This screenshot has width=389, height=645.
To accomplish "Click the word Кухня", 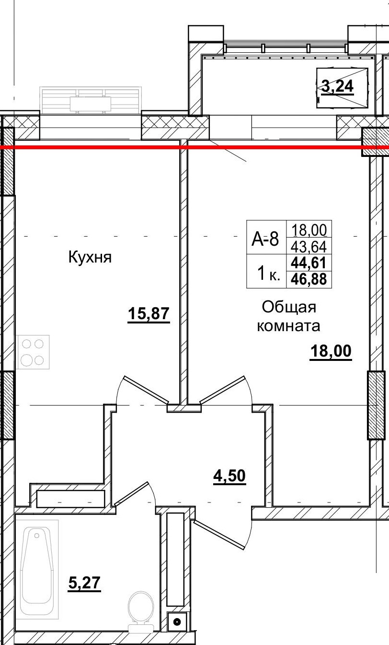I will click(x=90, y=257).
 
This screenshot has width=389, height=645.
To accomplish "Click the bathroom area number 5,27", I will click(x=85, y=583).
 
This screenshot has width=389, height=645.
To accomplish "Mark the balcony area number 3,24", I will click(x=337, y=86).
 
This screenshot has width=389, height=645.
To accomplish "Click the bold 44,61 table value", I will click(x=309, y=263).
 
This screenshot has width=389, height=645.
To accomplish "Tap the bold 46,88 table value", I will click(x=309, y=279).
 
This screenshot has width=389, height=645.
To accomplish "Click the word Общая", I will click(x=289, y=307).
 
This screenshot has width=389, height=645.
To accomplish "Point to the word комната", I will click(x=288, y=326).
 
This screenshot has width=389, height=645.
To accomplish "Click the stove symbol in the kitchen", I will click(x=34, y=352).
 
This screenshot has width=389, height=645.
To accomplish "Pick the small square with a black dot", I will click(x=177, y=622).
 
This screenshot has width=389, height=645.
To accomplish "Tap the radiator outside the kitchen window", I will click(x=90, y=101).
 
